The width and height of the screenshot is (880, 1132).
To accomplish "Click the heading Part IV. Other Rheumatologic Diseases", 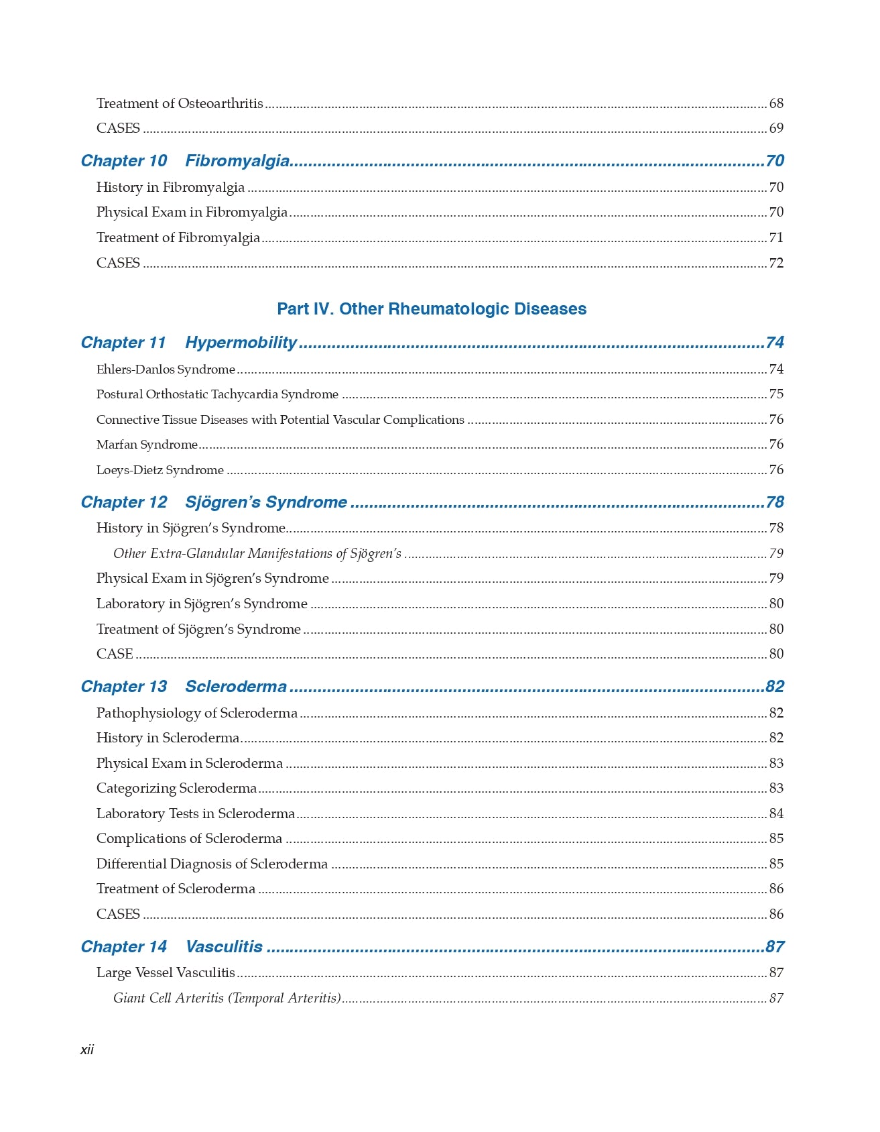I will [432, 309].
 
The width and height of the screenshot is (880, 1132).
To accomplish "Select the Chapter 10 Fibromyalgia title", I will [185, 161].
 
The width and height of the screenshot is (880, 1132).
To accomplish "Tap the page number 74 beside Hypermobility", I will [774, 343].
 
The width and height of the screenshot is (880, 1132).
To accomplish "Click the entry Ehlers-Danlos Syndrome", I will [166, 370].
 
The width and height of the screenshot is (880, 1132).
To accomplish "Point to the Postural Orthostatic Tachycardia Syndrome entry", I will [217, 394].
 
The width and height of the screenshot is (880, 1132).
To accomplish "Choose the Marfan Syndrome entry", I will [147, 445].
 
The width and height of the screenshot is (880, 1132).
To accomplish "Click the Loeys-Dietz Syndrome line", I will [160, 470].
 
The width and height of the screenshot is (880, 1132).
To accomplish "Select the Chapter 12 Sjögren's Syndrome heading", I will [214, 502].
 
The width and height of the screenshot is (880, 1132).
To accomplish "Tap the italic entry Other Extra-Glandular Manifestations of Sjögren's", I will [257, 553].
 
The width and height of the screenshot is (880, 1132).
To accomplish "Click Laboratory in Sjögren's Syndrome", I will [202, 604].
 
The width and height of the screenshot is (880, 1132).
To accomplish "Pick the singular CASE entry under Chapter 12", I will [115, 654].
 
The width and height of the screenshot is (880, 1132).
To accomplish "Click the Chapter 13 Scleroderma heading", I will [184, 687].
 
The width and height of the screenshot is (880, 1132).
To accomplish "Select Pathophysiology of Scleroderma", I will [196, 713].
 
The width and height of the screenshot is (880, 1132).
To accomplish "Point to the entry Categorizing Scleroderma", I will [176, 788].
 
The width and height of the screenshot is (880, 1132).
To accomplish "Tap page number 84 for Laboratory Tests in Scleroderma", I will [775, 813].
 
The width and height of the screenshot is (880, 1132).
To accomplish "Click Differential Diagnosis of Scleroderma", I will [212, 864].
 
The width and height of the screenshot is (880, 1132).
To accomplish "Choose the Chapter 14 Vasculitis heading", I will [172, 947].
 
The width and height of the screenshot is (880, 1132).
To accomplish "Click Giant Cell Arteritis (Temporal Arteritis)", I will [227, 998].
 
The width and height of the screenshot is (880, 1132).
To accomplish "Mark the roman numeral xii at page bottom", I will [87, 1050].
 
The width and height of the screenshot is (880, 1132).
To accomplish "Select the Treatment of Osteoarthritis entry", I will [180, 103].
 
